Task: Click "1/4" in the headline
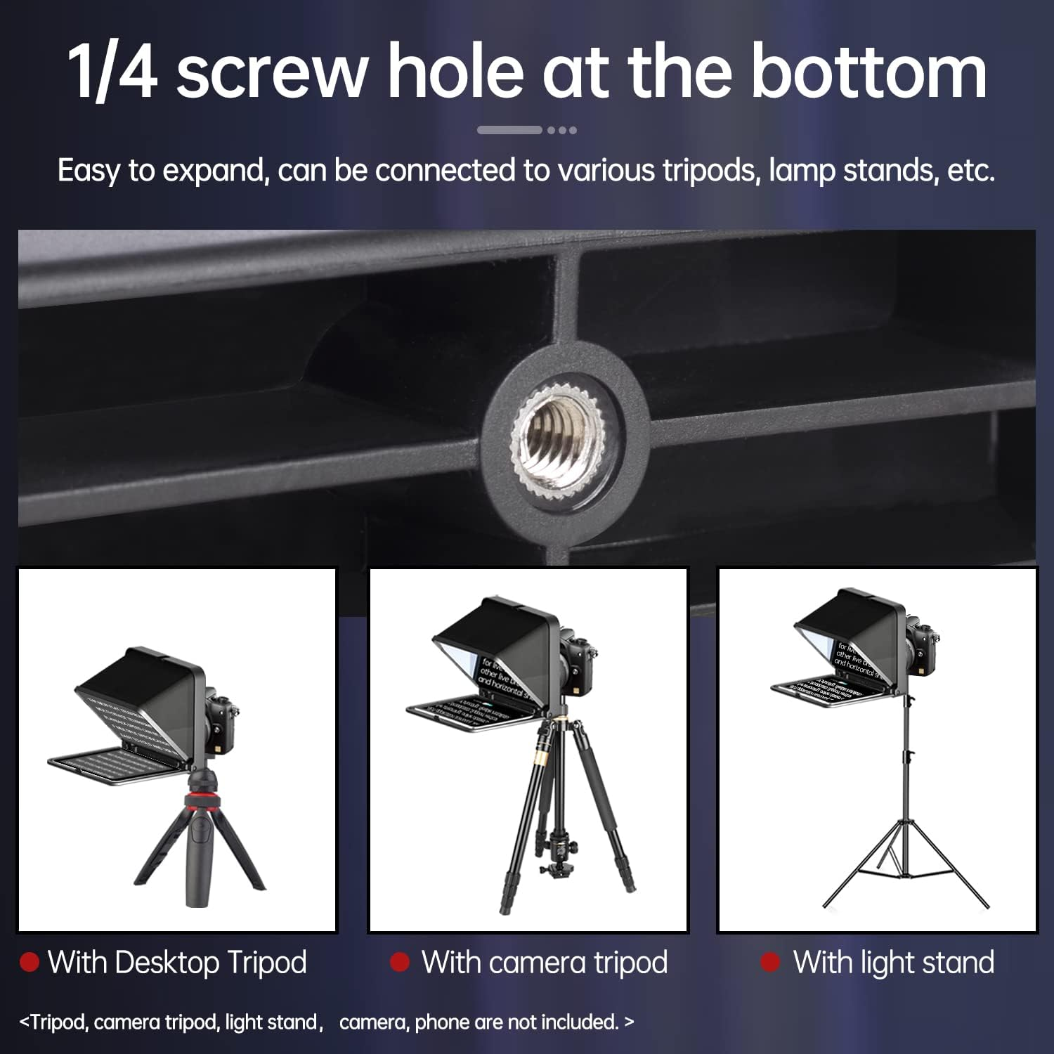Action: tap(112, 72)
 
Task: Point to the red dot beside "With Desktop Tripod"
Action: tap(29, 962)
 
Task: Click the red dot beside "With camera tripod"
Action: tap(399, 962)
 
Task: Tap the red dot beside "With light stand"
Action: tap(770, 962)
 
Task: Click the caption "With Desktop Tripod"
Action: tap(177, 962)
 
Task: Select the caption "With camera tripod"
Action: tap(545, 962)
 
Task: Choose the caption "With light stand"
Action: tap(894, 962)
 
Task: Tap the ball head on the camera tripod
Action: tap(547, 853)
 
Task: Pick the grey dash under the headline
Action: tap(509, 130)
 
